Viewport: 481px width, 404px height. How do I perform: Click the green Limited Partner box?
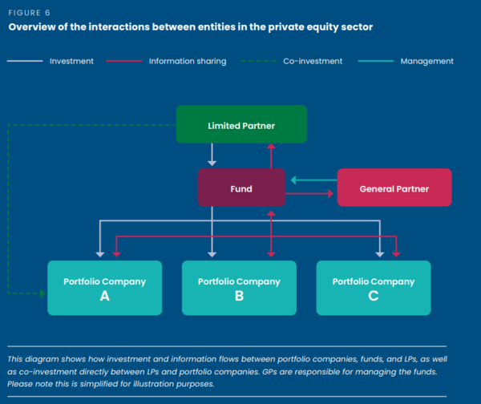tap(241, 125)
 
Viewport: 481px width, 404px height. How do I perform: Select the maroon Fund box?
tap(241, 189)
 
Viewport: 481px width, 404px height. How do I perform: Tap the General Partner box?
tap(394, 188)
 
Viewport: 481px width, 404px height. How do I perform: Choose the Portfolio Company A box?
tap(105, 288)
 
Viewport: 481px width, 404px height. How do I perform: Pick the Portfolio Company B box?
tap(239, 288)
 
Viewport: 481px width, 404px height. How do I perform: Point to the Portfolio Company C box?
tap(374, 288)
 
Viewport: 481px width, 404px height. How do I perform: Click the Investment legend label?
tap(71, 61)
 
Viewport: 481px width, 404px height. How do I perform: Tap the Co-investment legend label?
tap(313, 61)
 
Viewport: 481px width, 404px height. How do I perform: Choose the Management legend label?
tap(427, 61)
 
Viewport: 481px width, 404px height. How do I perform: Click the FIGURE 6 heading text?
tap(29, 13)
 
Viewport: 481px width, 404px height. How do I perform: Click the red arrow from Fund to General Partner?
tap(309, 193)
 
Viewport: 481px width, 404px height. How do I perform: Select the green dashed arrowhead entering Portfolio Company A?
tap(42, 294)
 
